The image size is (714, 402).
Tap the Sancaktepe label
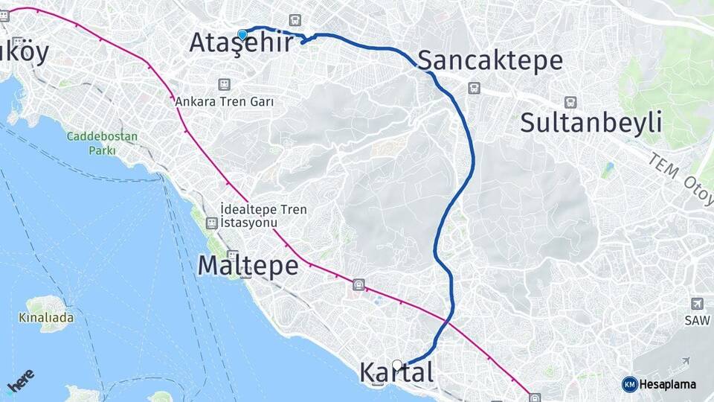click(490, 60)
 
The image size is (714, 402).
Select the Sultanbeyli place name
click(591, 123)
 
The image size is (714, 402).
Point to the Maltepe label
click(248, 266)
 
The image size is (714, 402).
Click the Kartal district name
click(396, 372)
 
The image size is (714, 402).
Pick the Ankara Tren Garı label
click(225, 101)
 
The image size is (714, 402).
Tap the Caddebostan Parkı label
click(91, 143)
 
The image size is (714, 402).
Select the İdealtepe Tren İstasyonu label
click(263, 216)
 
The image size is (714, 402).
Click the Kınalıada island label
click(45, 318)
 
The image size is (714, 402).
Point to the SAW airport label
click(692, 320)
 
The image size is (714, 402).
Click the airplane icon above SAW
click(697, 304)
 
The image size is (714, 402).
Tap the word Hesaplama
click(668, 384)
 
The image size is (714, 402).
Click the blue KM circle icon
click(629, 384)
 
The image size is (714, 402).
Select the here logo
click(20, 382)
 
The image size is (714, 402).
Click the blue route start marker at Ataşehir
click(242, 33)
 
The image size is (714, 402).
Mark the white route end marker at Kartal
click(397, 365)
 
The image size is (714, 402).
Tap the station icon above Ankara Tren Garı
click(223, 85)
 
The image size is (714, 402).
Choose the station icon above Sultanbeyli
click(570, 102)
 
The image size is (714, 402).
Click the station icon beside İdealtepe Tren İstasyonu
click(212, 223)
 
